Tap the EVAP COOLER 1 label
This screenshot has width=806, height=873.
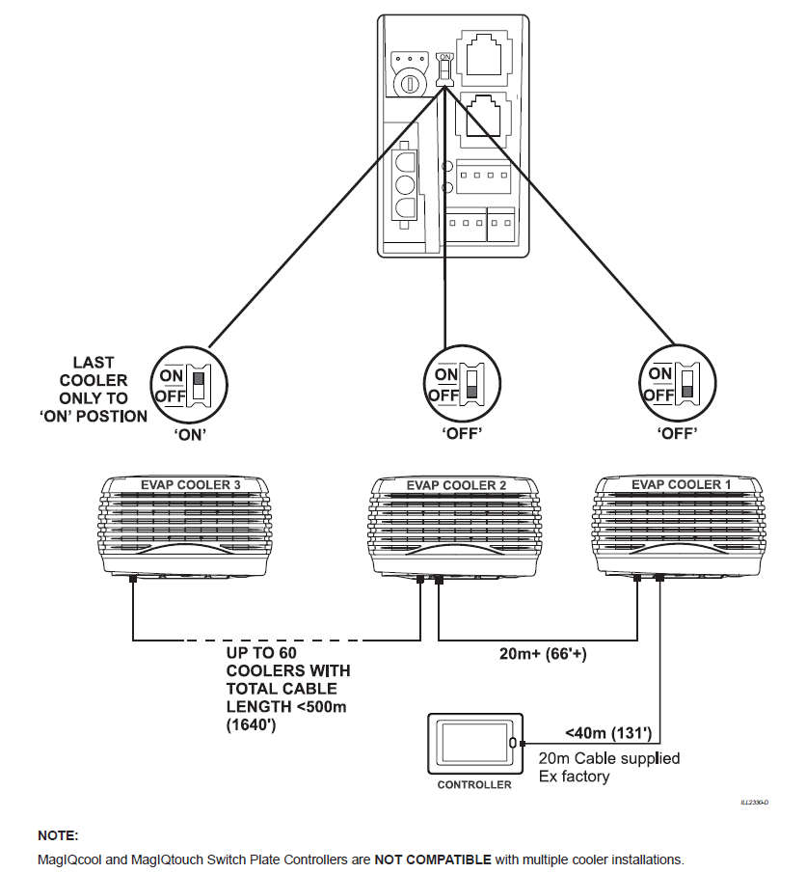[x=676, y=484]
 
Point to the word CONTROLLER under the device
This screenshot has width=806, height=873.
[x=474, y=784]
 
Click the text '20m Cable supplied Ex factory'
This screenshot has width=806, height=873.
[x=608, y=767]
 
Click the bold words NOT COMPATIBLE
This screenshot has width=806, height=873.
[x=433, y=859]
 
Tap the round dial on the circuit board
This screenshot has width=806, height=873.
[x=411, y=83]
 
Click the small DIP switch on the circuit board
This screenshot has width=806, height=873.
[x=444, y=69]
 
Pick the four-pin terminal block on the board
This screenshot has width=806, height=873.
[x=479, y=177]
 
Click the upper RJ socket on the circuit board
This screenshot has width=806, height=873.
[x=487, y=54]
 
